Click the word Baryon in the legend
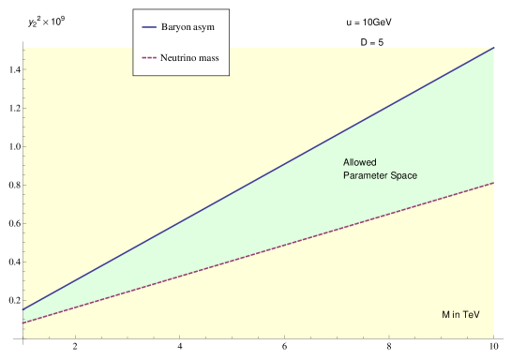coord(176,26)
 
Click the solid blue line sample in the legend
coord(149,26)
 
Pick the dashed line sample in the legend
coord(149,58)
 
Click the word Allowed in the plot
coord(359,163)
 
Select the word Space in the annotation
coord(404,176)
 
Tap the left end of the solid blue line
coord(23,309)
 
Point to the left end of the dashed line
coord(23,323)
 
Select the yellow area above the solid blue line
coord(141,141)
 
